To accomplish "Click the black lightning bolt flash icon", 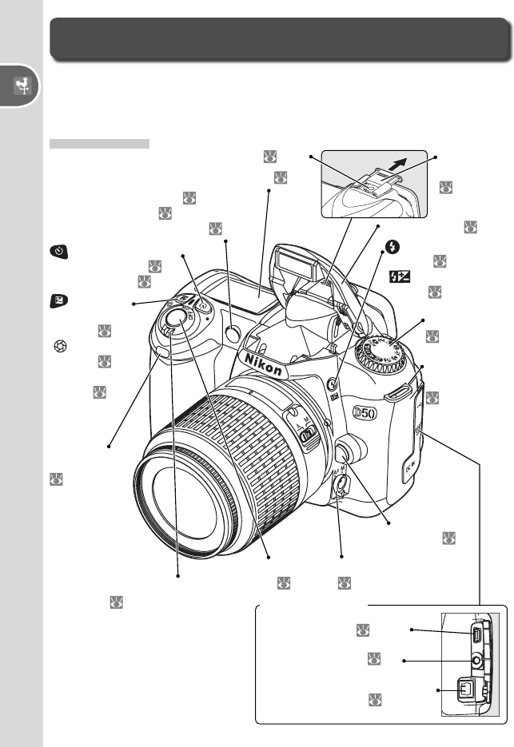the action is (392, 247).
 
